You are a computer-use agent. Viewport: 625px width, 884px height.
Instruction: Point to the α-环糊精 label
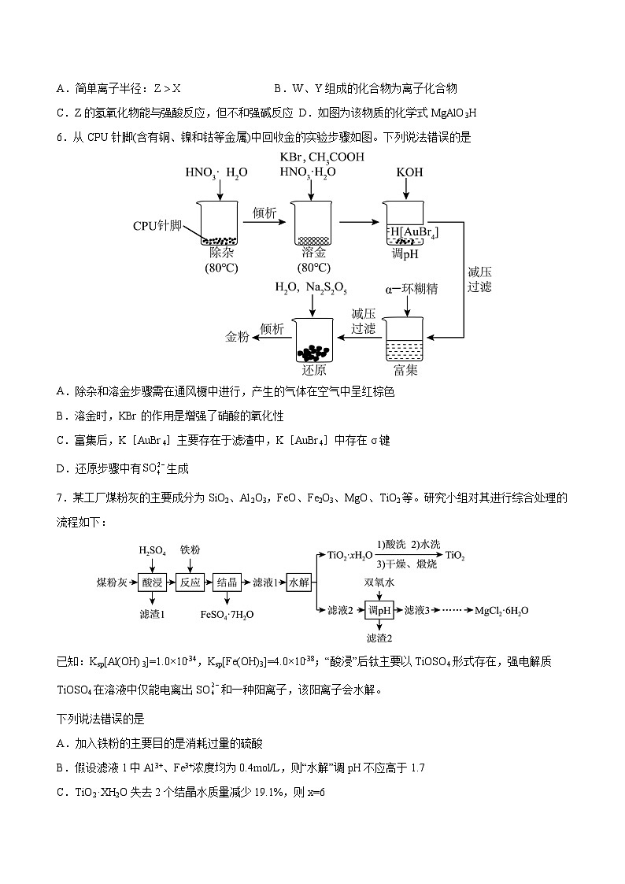click(411, 289)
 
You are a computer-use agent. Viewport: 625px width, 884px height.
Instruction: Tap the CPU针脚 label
click(157, 226)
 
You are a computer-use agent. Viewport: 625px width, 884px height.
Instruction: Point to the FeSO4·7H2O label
click(227, 614)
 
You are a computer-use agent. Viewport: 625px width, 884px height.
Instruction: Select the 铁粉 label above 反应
click(190, 550)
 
